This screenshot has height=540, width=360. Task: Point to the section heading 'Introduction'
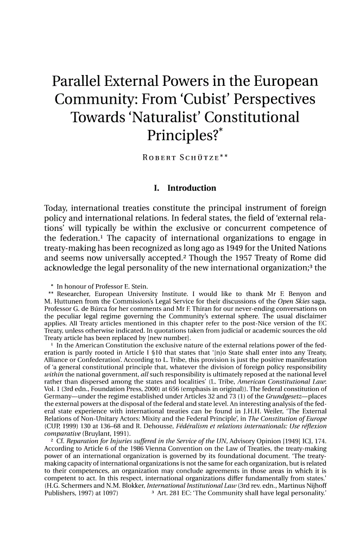(x=192, y=189)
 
